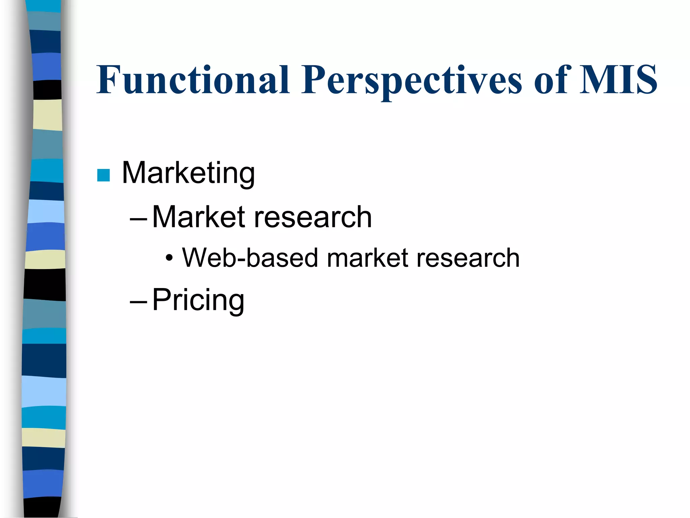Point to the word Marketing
(x=188, y=173)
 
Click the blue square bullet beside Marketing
(x=103, y=175)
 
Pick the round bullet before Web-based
(x=169, y=259)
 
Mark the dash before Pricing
(x=138, y=301)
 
